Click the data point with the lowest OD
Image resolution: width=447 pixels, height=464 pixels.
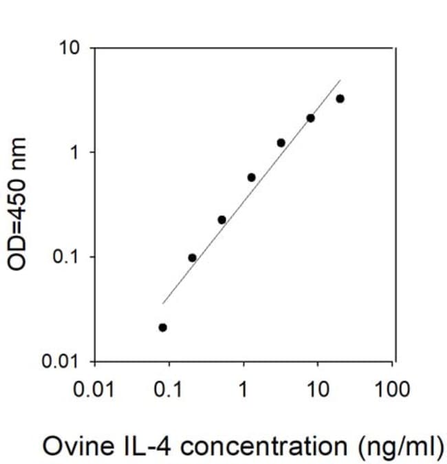pos(162,328)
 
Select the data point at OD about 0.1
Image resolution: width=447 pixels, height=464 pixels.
pos(192,258)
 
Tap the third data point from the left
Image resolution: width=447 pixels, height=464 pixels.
pos(222,220)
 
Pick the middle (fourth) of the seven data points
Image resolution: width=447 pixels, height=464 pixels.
pos(252,178)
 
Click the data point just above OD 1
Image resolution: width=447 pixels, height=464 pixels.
pos(281,143)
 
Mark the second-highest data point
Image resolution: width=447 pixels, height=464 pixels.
pos(311,118)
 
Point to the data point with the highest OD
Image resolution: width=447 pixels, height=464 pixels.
pos(340,99)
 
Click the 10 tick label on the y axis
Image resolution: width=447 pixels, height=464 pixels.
pos(69,48)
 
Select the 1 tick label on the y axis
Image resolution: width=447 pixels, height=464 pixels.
pos(74,152)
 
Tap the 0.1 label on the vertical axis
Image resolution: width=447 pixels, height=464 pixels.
pos(65,257)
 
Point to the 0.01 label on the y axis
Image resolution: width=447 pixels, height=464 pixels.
pos(61,361)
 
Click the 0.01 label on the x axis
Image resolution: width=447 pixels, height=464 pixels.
pos(94,389)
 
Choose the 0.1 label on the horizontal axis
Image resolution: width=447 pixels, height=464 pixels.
pos(168,389)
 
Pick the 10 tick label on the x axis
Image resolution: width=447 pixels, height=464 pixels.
pos(318,389)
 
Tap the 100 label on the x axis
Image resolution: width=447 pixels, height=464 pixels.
pos(392,389)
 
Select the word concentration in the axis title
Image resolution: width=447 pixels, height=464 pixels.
pos(263,445)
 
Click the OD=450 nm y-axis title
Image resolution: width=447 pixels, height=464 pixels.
pos(17,204)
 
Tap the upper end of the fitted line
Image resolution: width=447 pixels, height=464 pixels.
pos(341,80)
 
